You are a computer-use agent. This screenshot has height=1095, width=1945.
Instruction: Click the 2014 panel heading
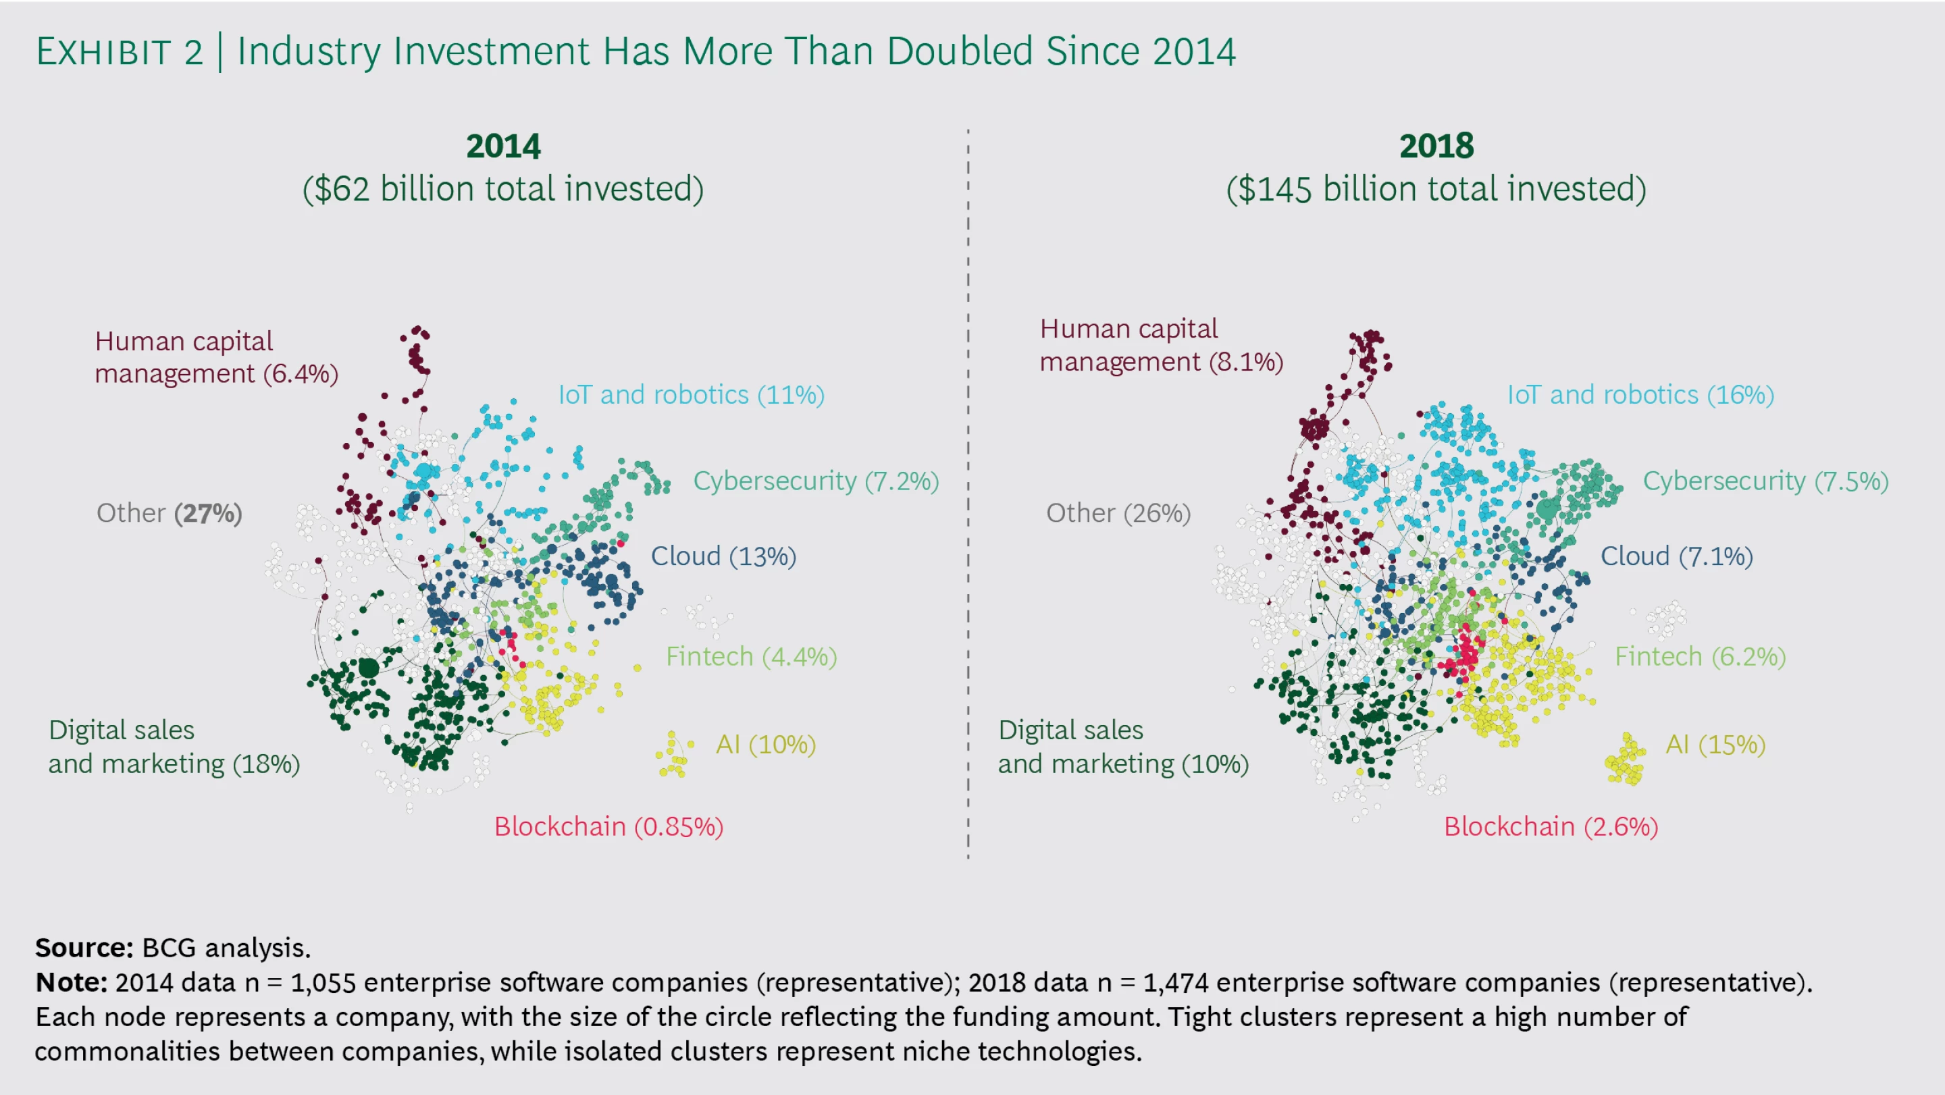503,146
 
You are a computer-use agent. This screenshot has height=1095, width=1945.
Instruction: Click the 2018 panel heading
1436,146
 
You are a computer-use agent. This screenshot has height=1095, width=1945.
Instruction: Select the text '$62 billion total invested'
503,188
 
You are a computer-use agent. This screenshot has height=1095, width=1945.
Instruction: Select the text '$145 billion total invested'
1436,188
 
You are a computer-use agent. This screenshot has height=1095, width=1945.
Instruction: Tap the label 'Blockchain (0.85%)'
608,826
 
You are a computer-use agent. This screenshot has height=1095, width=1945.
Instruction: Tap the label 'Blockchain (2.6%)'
1551,826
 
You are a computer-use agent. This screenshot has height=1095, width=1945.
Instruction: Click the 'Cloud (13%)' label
723,556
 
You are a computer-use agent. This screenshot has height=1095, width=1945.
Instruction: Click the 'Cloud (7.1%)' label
1676,556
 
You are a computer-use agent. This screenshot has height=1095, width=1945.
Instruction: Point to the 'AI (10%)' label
766,745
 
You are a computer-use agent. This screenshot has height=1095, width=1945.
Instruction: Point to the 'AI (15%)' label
1715,745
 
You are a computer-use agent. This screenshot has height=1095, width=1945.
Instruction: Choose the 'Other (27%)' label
169,513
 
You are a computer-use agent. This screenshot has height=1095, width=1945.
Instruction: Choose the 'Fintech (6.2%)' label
1701,657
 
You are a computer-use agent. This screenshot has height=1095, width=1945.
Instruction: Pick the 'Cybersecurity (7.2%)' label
815,481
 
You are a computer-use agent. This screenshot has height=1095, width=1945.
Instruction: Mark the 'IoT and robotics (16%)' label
1640,395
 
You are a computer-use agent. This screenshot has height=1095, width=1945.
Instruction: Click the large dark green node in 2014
369,668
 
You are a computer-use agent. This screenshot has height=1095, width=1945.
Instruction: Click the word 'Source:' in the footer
84,947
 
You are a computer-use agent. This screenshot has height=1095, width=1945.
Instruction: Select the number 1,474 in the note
1175,982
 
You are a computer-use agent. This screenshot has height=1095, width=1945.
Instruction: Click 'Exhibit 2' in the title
120,51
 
